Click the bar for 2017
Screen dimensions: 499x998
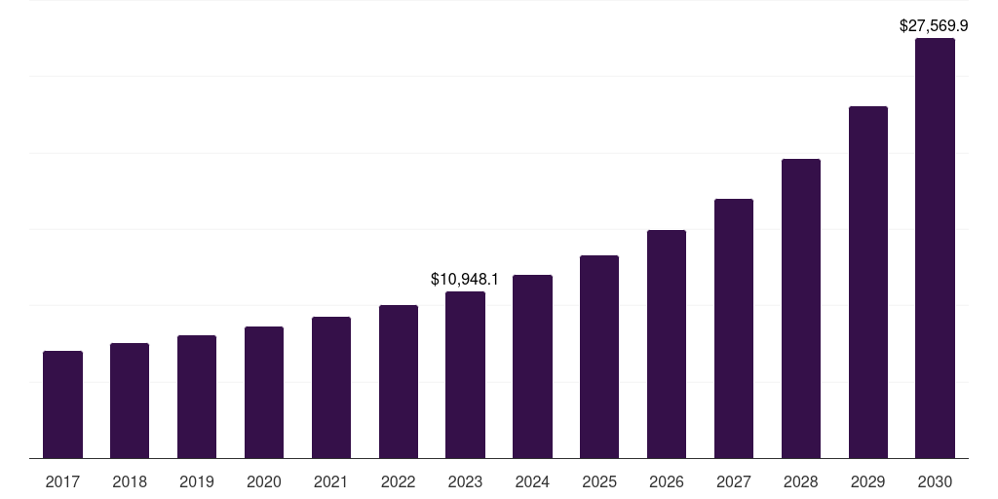[x=62, y=404]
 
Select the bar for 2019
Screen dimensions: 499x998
[x=197, y=397]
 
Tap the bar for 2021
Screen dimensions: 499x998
[x=331, y=387]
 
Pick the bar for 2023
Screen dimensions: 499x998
[x=465, y=374]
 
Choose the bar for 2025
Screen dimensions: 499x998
[x=599, y=357]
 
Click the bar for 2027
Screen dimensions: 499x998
[x=734, y=328]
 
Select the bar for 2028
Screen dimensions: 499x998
[x=801, y=308]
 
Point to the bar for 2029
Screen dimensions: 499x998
[x=868, y=282]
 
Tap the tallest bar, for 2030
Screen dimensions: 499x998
[x=935, y=249]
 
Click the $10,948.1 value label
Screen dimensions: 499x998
[x=465, y=280]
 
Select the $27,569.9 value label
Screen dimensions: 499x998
[x=933, y=26]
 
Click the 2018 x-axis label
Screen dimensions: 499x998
[x=130, y=481]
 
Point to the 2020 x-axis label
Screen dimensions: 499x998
[x=264, y=481]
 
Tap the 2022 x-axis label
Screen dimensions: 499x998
[x=399, y=481]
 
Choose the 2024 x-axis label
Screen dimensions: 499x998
[x=532, y=481]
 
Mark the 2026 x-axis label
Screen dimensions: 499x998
[x=667, y=481]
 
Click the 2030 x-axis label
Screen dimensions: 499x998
[x=935, y=481]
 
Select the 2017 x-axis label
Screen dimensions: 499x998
[x=62, y=481]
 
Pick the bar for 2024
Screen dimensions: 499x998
[x=532, y=366]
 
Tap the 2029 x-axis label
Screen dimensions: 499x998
[x=868, y=481]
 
